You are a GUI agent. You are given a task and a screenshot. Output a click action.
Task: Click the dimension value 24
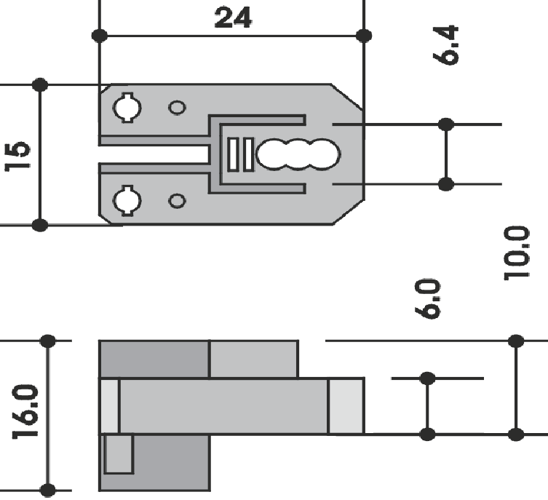click(233, 17)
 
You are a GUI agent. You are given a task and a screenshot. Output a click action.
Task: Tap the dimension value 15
click(17, 156)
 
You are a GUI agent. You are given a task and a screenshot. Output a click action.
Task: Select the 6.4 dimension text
click(445, 45)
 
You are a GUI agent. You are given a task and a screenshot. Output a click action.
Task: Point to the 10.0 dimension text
click(517, 253)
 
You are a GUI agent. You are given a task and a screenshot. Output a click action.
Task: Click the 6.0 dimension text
click(427, 298)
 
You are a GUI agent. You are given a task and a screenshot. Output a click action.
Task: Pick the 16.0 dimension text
click(25, 412)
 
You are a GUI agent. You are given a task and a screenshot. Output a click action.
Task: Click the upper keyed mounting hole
click(127, 108)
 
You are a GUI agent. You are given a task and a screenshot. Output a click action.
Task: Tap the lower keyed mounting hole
click(127, 201)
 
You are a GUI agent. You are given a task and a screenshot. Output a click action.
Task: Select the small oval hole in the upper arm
click(177, 108)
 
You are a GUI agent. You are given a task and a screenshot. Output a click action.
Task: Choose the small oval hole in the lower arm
click(177, 201)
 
